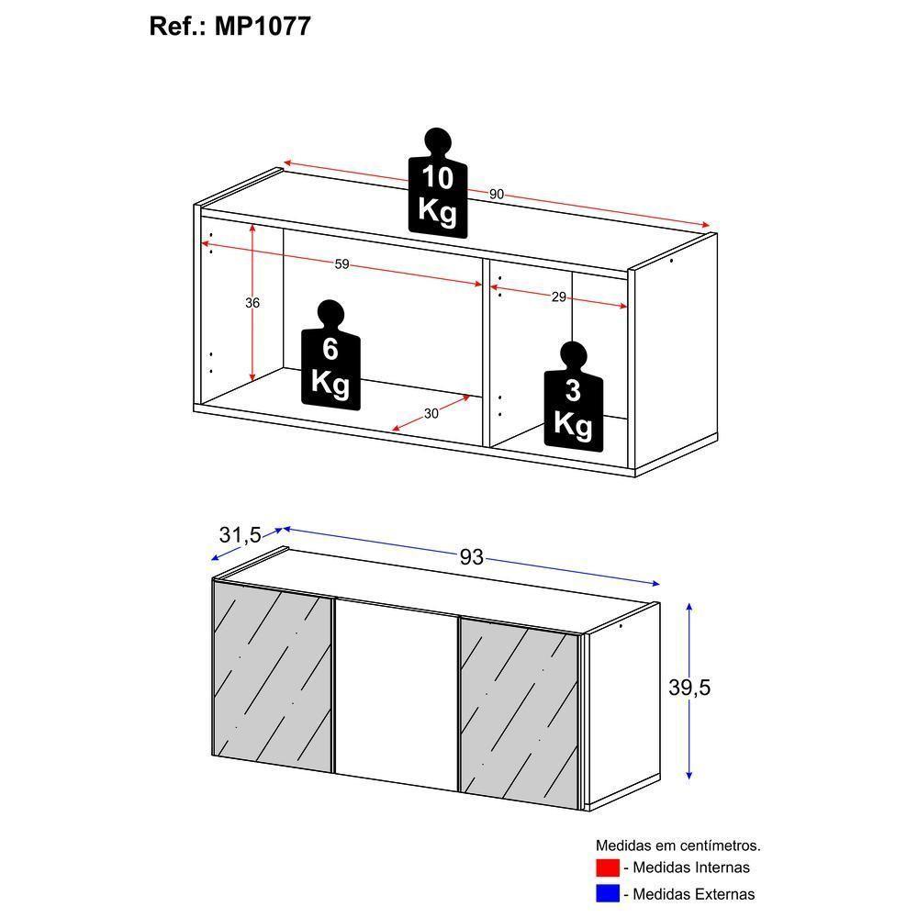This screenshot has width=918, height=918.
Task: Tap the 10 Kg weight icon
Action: tap(438, 184)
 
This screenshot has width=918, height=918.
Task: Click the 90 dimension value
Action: tap(496, 194)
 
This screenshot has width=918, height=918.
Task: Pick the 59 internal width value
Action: tap(341, 264)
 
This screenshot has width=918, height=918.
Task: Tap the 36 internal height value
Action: tap(252, 303)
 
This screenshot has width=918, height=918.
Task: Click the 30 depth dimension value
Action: tap(431, 414)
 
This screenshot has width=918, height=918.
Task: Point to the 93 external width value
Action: tap(471, 557)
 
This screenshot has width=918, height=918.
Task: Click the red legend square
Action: tap(607, 868)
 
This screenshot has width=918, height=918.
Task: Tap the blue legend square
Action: tap(607, 893)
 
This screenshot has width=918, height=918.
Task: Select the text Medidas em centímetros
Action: tap(677, 845)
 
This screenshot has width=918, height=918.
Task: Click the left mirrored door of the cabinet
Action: tap(272, 679)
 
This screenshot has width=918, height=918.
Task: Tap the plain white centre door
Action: tap(395, 693)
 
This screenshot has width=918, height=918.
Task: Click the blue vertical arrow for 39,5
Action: tap(689, 643)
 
